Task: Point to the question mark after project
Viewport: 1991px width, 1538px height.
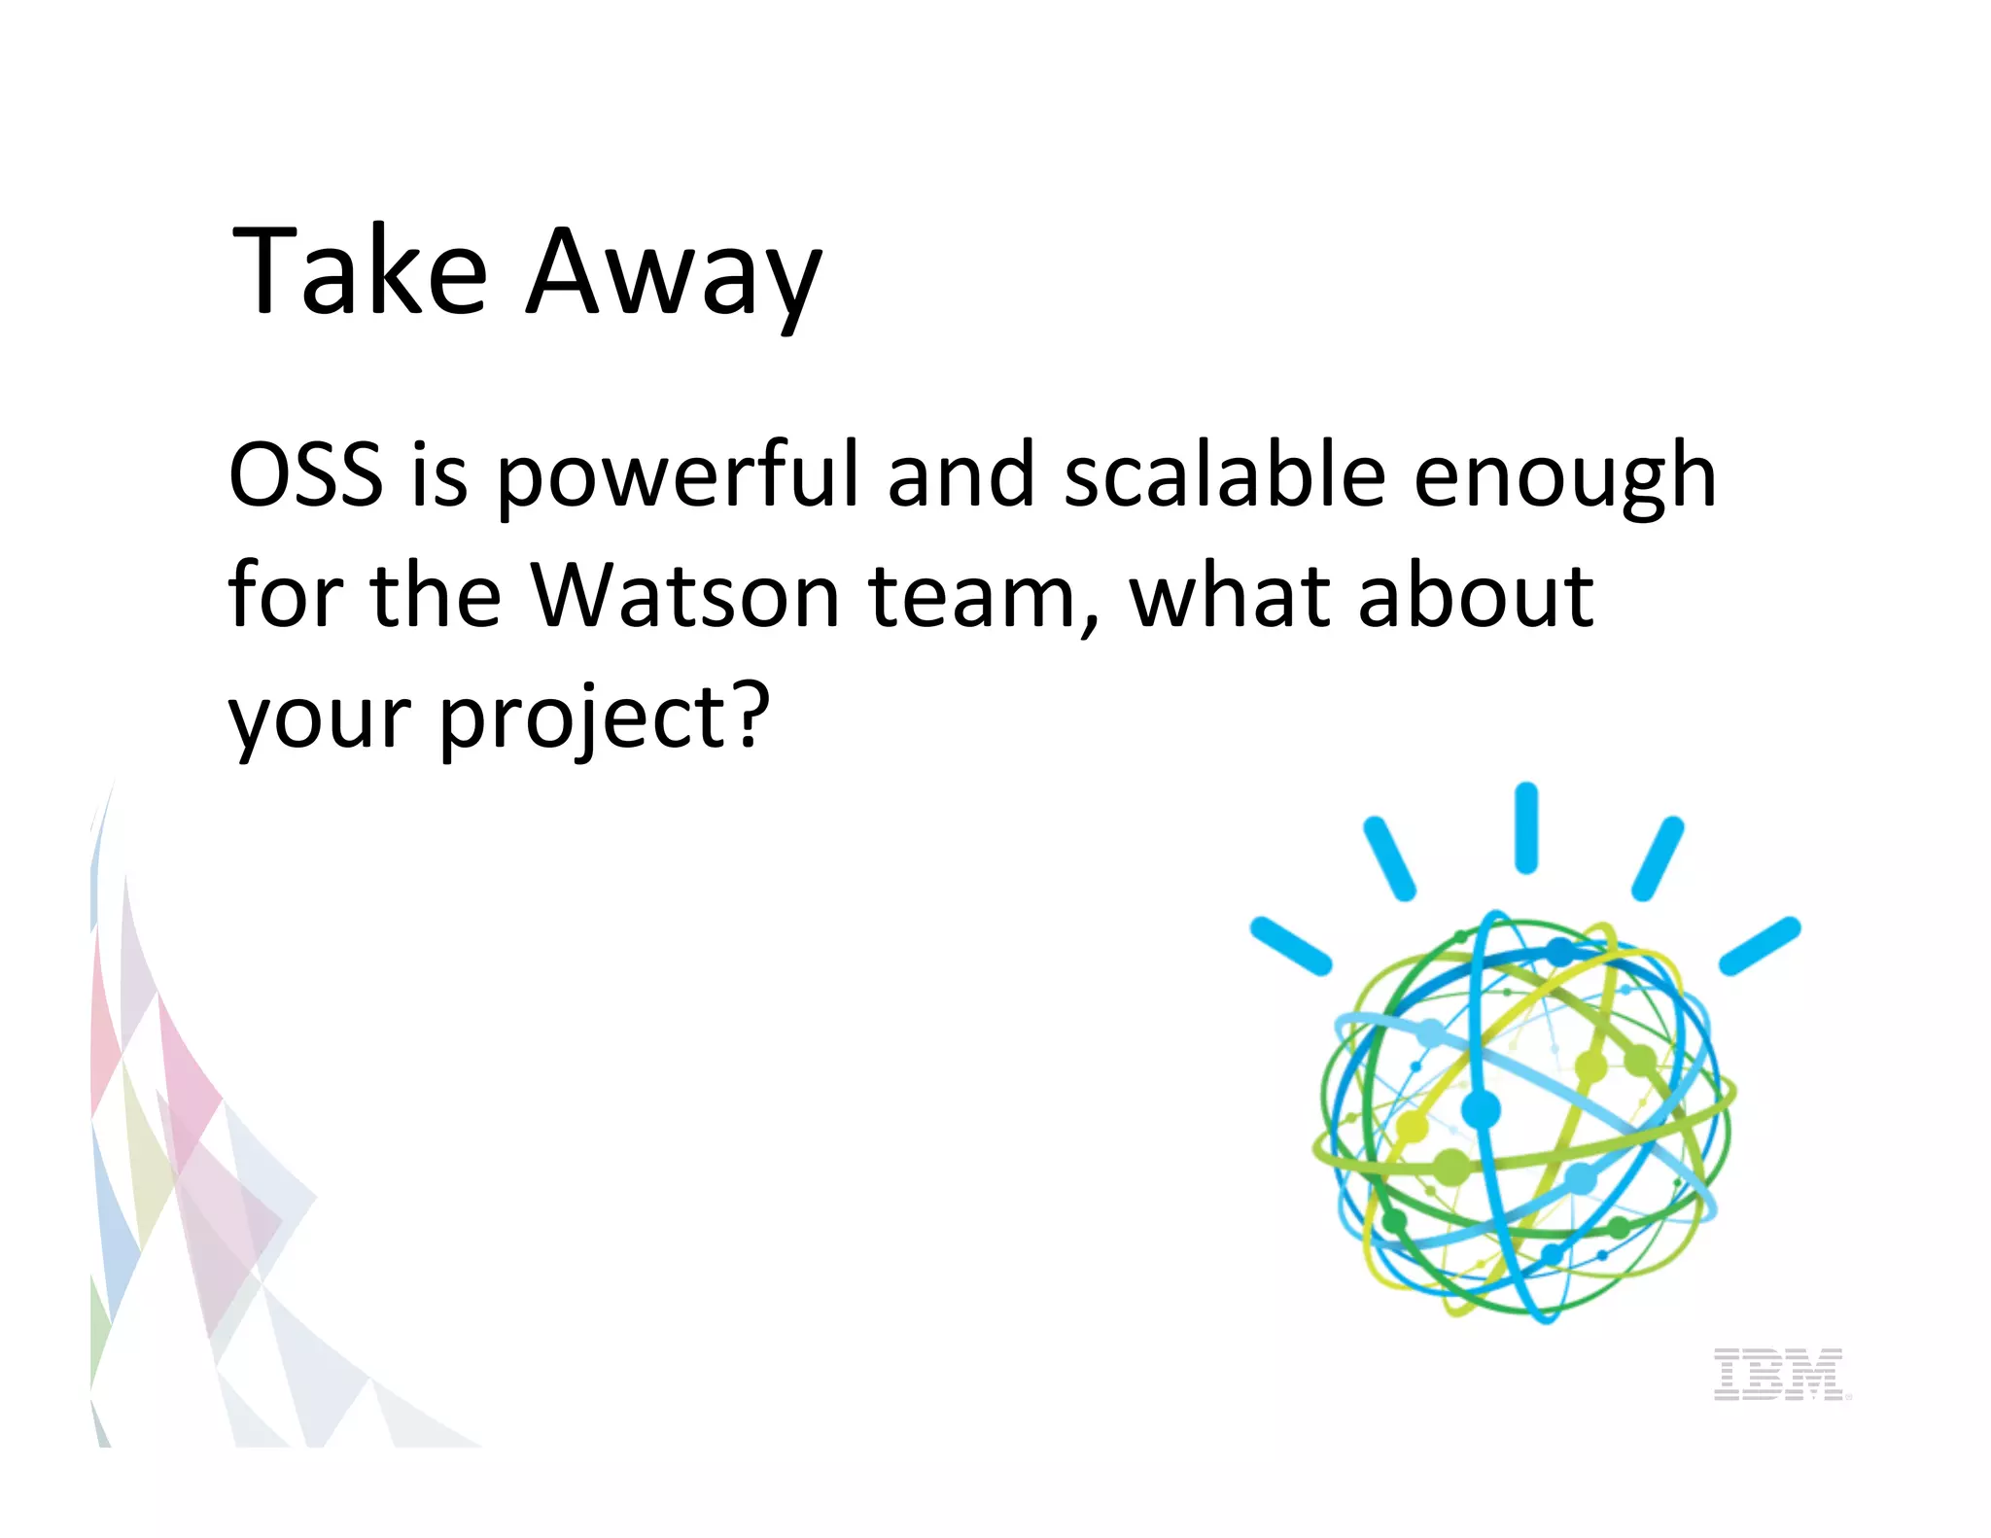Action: point(750,714)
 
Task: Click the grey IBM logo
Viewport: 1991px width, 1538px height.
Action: point(1778,1374)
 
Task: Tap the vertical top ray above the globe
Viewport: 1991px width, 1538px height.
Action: point(1526,827)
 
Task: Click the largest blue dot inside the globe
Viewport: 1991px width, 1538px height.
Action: point(1481,1108)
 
